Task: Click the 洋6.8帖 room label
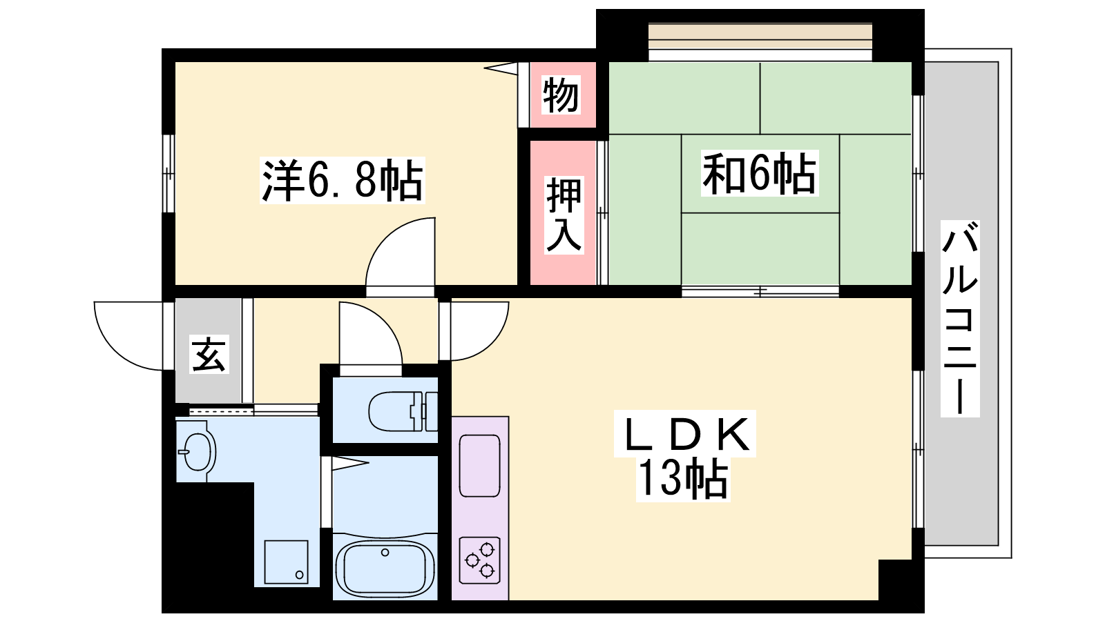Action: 343,180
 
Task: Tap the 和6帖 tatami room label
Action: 760,173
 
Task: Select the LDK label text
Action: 685,434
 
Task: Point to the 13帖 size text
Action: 683,479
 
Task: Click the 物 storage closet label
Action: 561,95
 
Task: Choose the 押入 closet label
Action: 564,215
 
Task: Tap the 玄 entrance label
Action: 209,354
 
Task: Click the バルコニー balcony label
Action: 960,318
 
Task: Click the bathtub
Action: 385,566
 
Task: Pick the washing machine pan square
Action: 286,562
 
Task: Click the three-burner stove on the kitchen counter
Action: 480,560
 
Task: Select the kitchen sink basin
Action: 479,466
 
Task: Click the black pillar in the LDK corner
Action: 895,580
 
